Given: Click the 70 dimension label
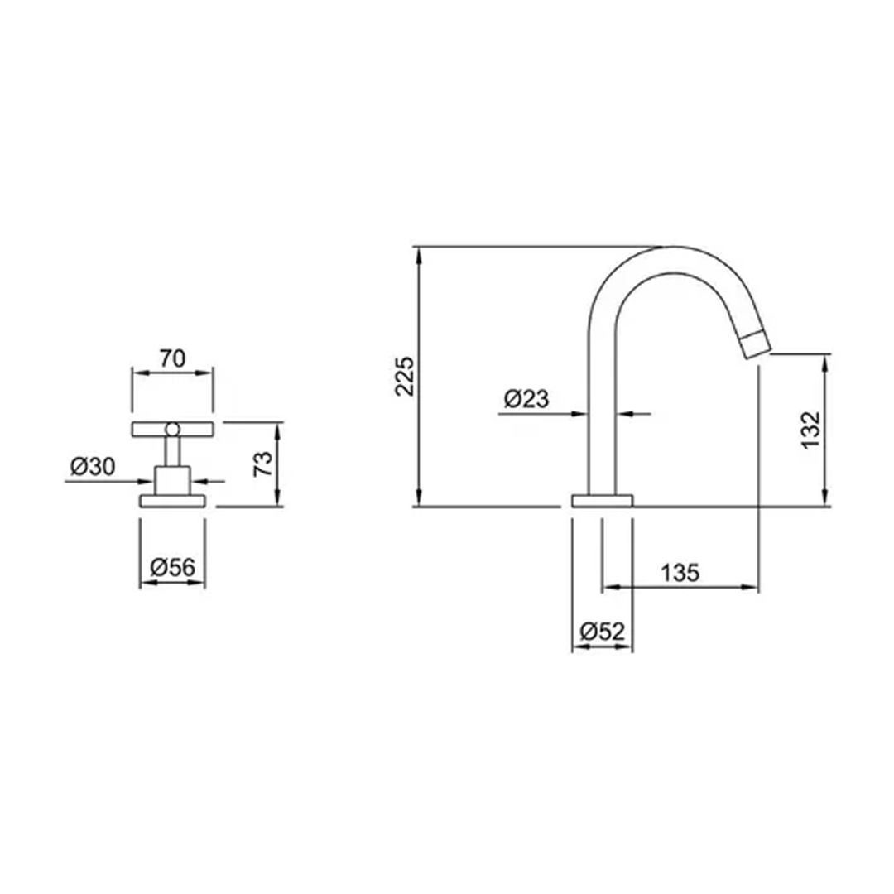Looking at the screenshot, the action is coord(172,358).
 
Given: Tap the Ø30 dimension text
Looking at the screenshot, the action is coord(93,467).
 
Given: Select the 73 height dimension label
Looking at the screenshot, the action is coord(263,464).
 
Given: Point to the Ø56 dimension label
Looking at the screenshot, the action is coord(172,567).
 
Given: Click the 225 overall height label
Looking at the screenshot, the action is coord(405,377).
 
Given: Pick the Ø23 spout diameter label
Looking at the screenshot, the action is coord(526,398).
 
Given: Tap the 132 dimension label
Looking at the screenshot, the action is coord(810,430).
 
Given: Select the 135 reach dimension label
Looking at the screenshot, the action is coord(680,573).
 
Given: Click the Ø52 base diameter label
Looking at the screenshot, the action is coord(603,631).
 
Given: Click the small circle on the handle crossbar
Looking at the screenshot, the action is coord(172,430).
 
